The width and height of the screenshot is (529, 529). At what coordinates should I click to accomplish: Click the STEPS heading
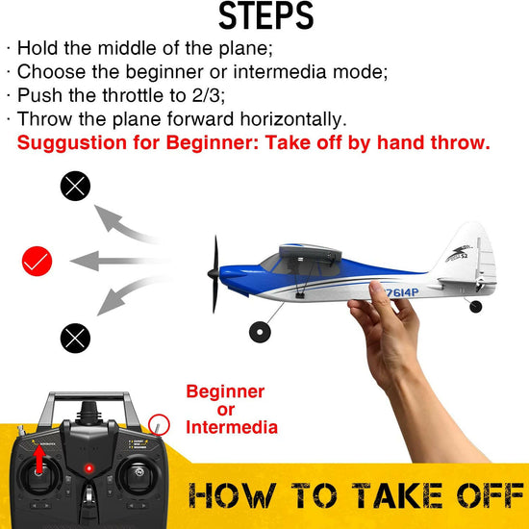coord(265,16)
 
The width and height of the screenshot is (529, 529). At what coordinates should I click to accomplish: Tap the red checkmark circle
coord(37,260)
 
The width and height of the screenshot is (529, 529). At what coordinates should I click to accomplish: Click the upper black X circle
coord(75,187)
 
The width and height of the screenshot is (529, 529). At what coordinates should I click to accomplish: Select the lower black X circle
coord(75,336)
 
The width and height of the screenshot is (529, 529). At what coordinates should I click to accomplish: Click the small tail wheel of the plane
coord(475,307)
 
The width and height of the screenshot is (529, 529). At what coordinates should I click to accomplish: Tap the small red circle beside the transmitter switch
coord(160,423)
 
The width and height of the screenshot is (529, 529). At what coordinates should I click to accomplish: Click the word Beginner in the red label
coord(224,392)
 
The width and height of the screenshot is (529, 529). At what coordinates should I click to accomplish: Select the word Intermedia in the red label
coord(232,427)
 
